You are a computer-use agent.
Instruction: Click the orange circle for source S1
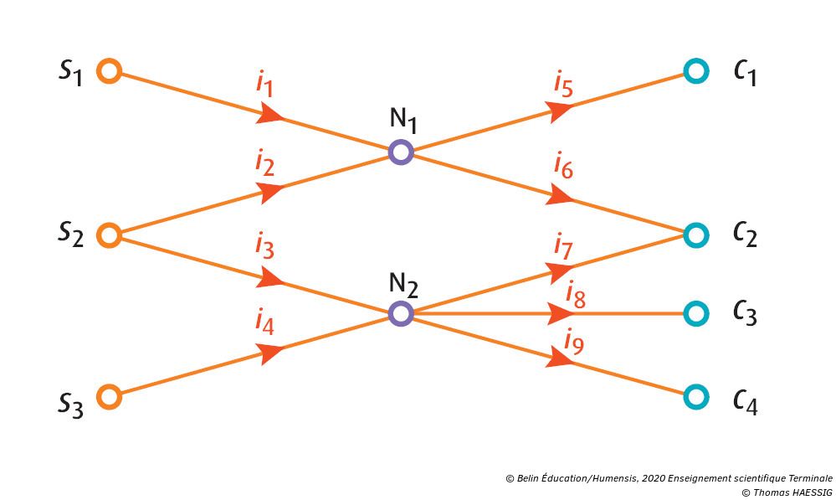click(110, 70)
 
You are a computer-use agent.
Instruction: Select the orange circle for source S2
click(110, 235)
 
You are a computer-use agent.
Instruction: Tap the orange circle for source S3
click(110, 396)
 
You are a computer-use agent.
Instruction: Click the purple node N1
click(401, 152)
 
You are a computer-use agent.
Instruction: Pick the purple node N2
click(401, 313)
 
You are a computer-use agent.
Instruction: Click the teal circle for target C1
click(695, 71)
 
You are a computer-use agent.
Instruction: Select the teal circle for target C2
click(695, 235)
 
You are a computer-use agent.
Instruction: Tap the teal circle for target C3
click(695, 313)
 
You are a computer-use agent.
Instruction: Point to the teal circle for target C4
click(695, 395)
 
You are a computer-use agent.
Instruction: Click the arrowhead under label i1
click(269, 114)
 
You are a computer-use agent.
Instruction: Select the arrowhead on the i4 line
click(269, 353)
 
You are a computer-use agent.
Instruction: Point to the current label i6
click(563, 167)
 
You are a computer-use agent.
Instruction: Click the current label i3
click(265, 248)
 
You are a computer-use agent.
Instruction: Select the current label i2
click(265, 163)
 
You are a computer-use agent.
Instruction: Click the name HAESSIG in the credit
click(803, 492)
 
